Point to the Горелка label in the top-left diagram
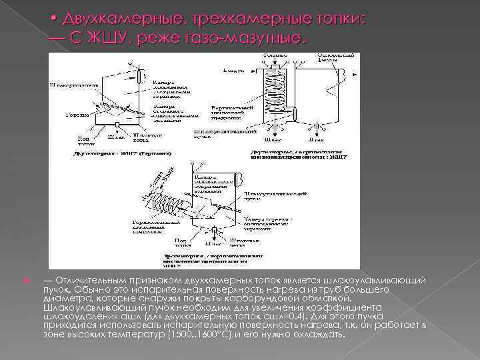tap(75, 114)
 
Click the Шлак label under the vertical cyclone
tap(273, 141)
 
